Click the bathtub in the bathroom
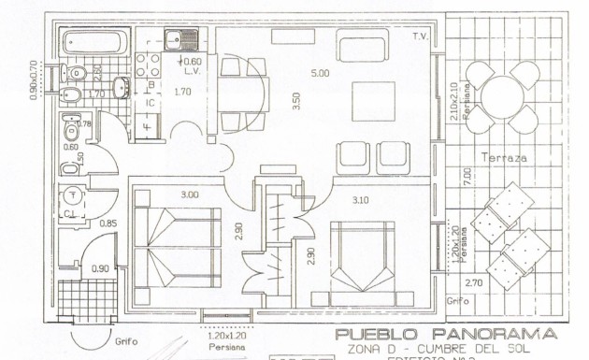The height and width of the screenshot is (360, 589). [x=93, y=42]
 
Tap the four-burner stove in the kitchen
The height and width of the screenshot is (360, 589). [x=147, y=64]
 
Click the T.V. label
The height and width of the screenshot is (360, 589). [x=420, y=36]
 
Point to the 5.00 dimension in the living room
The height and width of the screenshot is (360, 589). [x=320, y=72]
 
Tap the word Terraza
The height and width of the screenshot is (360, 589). [x=504, y=158]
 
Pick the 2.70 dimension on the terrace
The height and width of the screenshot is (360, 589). [x=473, y=281]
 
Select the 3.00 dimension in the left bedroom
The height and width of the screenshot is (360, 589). [x=189, y=194]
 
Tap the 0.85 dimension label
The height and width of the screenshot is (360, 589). [x=108, y=223]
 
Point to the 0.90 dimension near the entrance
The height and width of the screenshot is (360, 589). [x=99, y=269]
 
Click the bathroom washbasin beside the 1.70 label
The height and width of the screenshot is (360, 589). [x=120, y=88]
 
